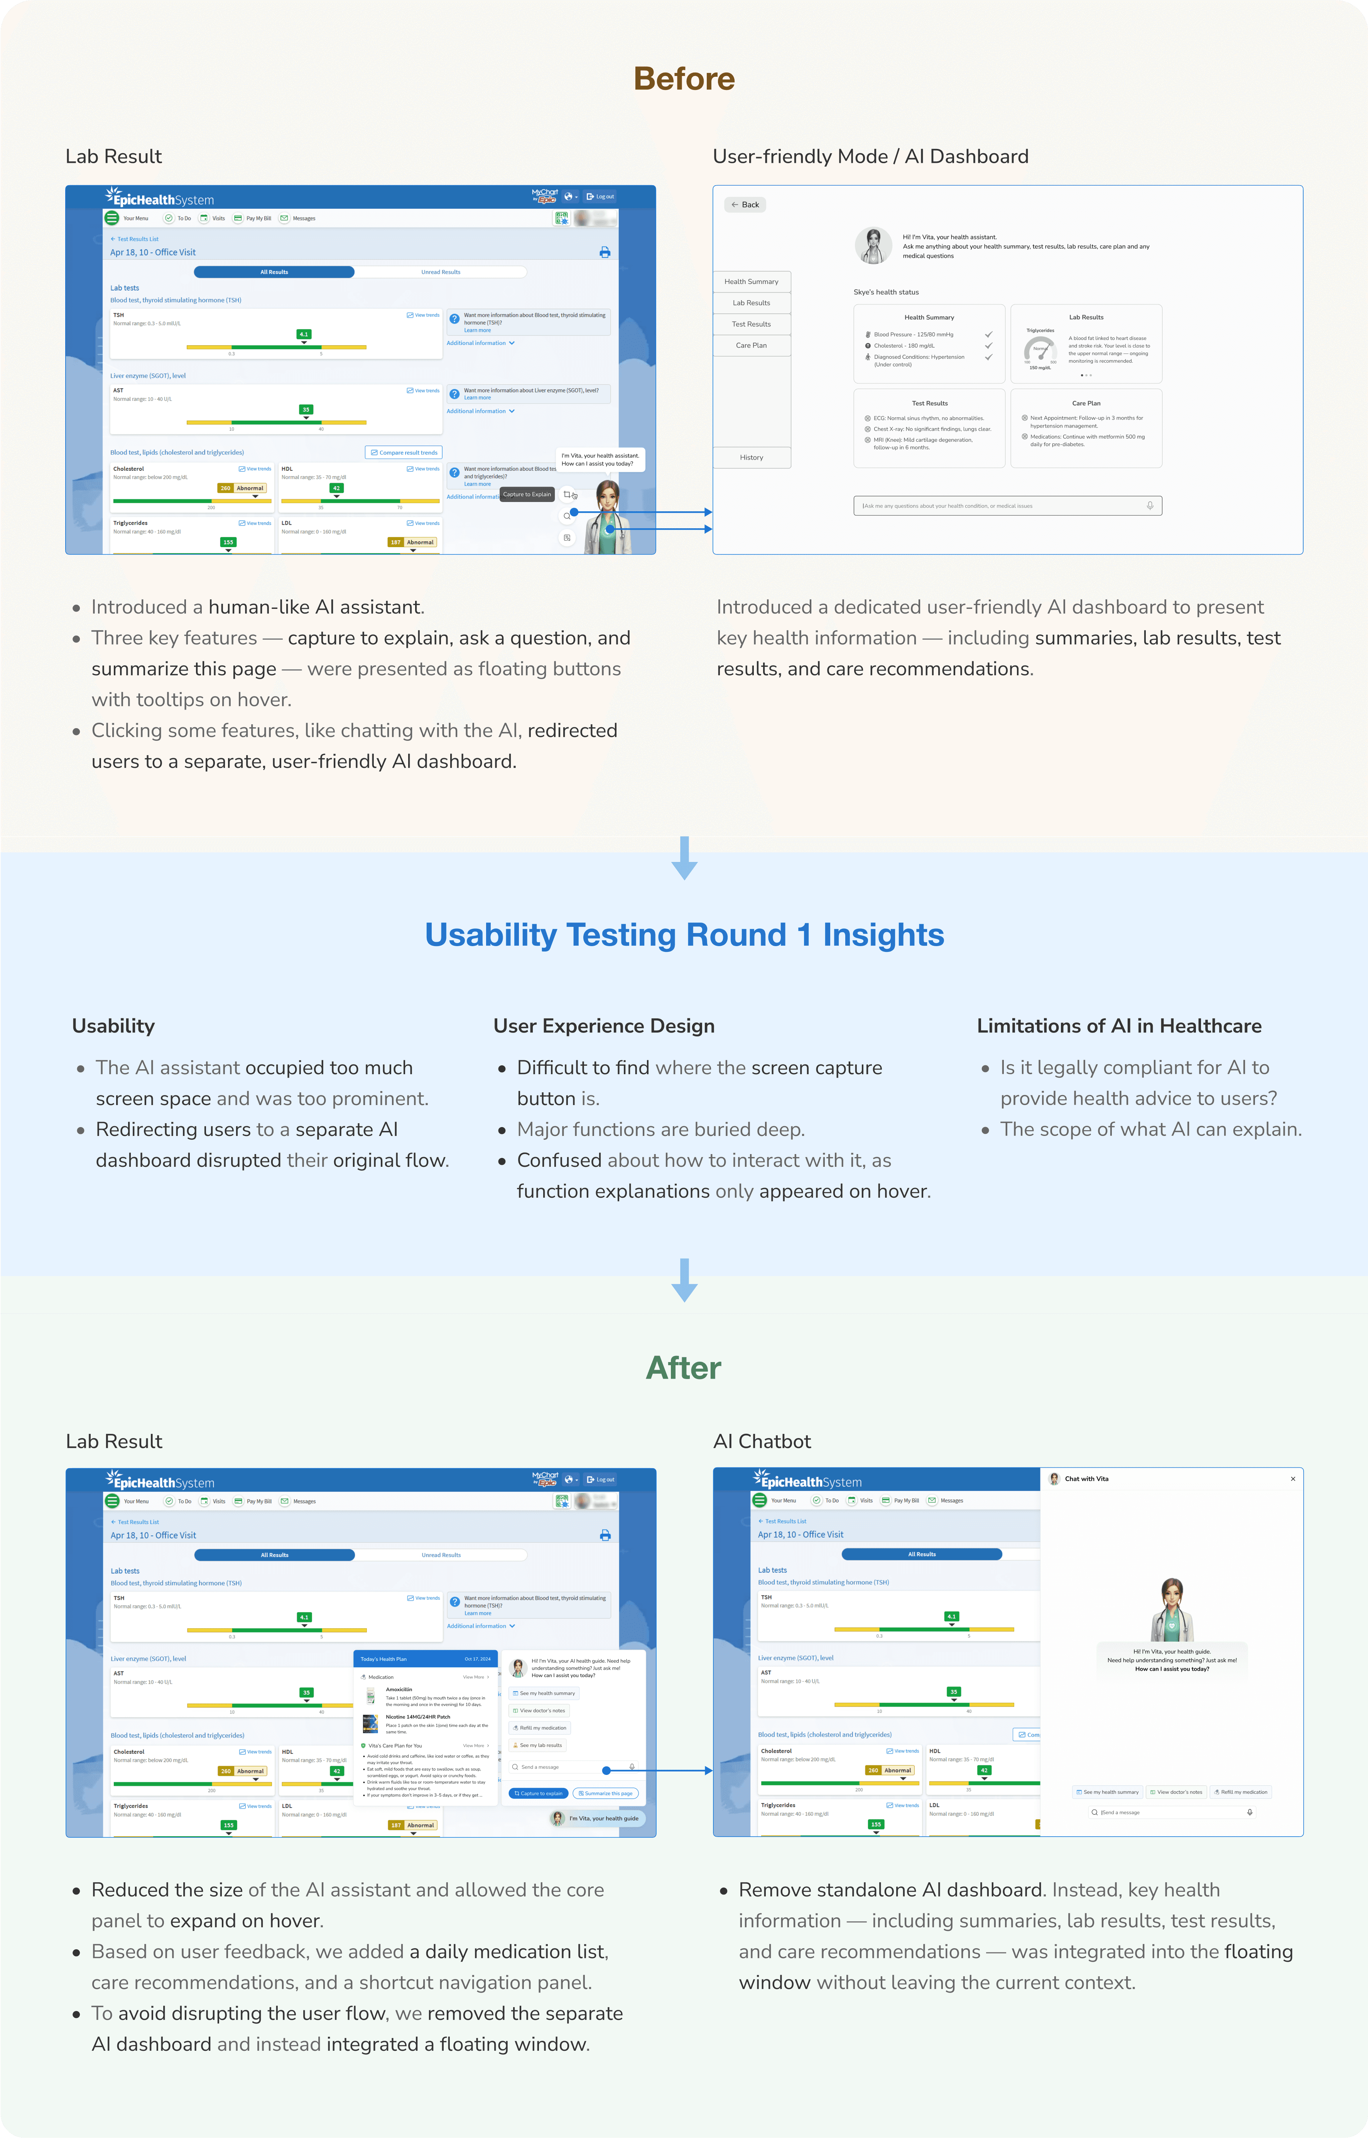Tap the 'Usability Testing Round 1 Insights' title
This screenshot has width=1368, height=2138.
tap(684, 935)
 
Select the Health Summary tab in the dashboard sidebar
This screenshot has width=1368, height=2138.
tap(752, 282)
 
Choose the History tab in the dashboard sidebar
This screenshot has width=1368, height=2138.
tap(752, 458)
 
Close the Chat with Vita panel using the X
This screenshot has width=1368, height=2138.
tap(1292, 1479)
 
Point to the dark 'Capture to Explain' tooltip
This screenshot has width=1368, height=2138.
tap(528, 494)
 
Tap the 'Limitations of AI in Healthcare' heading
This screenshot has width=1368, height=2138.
tap(1118, 1026)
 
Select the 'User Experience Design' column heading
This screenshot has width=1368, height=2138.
tap(604, 1026)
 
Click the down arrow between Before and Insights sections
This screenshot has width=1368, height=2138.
tap(684, 857)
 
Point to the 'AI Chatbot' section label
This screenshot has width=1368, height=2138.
tap(762, 1441)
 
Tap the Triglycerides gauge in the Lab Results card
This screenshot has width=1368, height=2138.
tap(1040, 348)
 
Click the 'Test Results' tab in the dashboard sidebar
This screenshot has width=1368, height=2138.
tap(752, 324)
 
